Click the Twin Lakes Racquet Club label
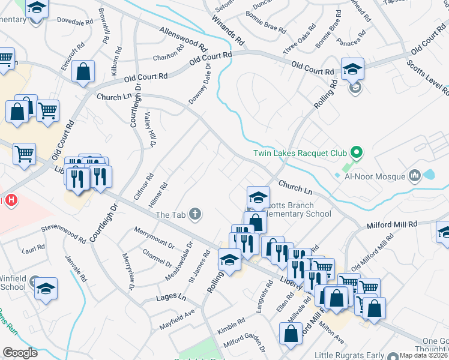[300, 153]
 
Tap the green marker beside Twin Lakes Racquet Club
[356, 152]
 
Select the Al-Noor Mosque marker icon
[414, 176]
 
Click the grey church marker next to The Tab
[194, 214]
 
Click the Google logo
[20, 353]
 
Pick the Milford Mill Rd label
[391, 224]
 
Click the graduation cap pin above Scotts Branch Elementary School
[258, 197]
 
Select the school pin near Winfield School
[46, 289]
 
